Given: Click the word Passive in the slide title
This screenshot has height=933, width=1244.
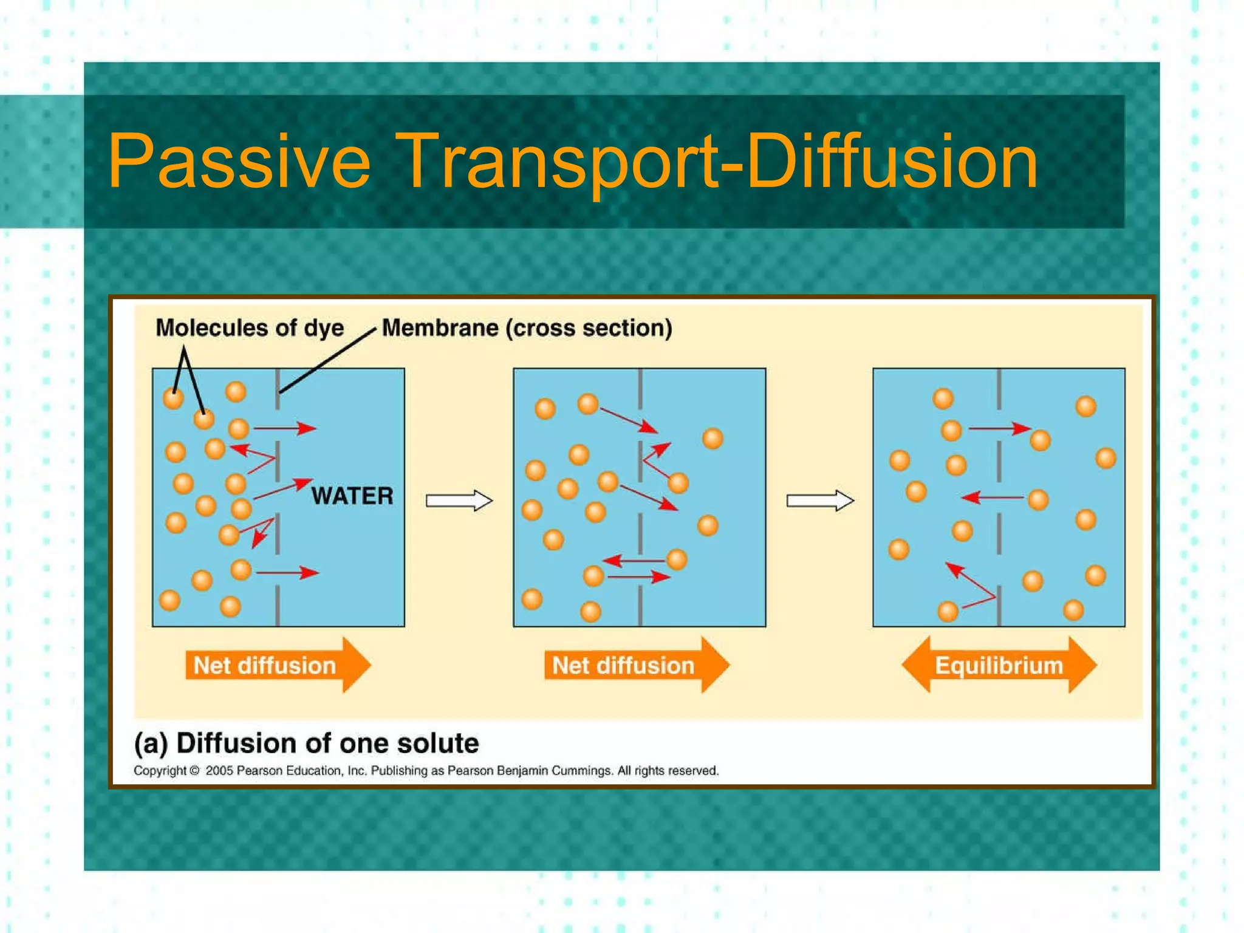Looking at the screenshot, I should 238,162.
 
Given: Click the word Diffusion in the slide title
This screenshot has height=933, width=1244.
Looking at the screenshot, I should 892,162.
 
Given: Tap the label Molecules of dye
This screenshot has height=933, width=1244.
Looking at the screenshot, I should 250,328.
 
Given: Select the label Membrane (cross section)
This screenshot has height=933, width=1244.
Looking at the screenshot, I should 527,328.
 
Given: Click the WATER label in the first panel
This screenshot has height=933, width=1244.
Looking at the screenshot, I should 352,496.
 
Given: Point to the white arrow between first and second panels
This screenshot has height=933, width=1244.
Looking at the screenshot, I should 459,501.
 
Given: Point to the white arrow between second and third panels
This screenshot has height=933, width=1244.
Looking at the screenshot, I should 819,501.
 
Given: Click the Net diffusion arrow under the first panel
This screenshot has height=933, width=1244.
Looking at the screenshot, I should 278,665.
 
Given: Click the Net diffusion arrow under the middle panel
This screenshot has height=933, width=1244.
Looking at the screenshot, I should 636,665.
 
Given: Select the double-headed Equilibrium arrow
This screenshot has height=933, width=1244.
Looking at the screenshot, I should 999,665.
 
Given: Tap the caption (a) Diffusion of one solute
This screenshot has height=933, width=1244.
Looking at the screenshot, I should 306,743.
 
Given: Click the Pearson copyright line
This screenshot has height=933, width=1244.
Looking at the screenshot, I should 425,771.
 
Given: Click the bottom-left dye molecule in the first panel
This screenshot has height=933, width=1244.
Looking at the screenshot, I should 169,600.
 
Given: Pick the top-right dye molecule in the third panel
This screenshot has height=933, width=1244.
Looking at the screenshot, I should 1085,406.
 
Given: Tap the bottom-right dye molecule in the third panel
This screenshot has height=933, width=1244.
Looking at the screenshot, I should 1073,609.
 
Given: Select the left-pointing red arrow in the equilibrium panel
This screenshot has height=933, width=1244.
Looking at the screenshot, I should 993,498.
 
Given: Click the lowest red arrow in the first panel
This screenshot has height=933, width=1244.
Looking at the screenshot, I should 287,572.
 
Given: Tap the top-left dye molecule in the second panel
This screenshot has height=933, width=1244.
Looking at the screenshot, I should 545,408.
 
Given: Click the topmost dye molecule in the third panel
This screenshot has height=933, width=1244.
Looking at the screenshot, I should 943,398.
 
